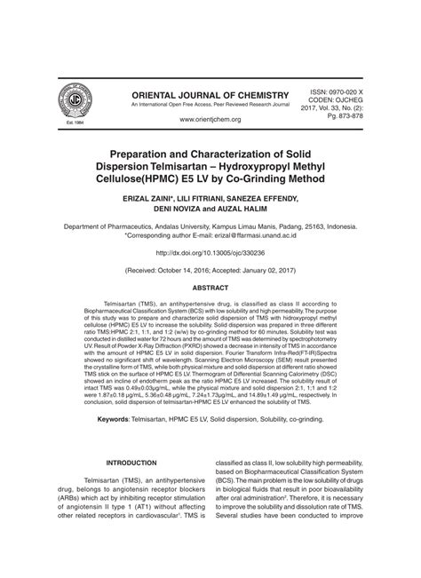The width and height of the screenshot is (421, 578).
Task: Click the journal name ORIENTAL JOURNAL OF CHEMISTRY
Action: tap(210, 94)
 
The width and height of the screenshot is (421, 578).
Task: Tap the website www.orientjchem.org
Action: tap(210, 118)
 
